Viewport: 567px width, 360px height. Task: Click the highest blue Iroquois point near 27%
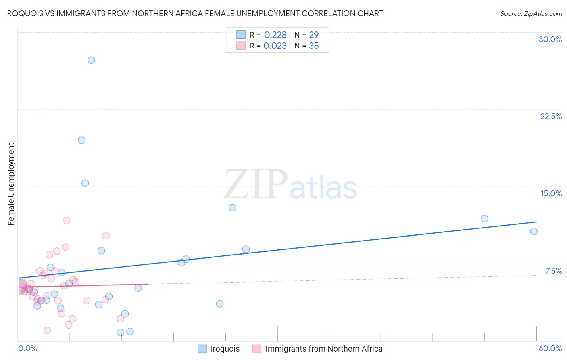[91, 60]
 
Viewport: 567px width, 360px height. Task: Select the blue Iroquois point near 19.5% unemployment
[81, 140]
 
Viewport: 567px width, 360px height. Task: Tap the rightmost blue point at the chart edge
[534, 232]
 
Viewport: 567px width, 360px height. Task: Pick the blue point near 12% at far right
[484, 218]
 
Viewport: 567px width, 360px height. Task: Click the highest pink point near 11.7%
[67, 220]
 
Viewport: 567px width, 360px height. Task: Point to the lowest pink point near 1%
[47, 331]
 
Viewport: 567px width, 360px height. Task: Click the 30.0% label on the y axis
[550, 40]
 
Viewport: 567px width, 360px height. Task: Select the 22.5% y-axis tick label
[551, 117]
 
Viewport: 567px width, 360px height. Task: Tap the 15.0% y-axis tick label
[551, 194]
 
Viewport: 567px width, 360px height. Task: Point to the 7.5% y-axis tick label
[553, 271]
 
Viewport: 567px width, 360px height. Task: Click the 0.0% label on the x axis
[27, 349]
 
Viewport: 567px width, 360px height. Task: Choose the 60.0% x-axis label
[550, 349]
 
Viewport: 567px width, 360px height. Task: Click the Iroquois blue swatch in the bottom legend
[202, 349]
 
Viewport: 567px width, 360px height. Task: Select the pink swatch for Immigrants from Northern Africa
[257, 349]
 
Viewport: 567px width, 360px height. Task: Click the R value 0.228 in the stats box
[275, 35]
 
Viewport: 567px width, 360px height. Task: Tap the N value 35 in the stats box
[314, 46]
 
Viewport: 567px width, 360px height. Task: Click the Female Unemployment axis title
[11, 184]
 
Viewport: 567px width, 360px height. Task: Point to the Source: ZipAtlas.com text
[531, 14]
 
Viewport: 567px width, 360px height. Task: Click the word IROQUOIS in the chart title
[25, 14]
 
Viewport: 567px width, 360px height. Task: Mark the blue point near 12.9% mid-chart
[232, 208]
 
